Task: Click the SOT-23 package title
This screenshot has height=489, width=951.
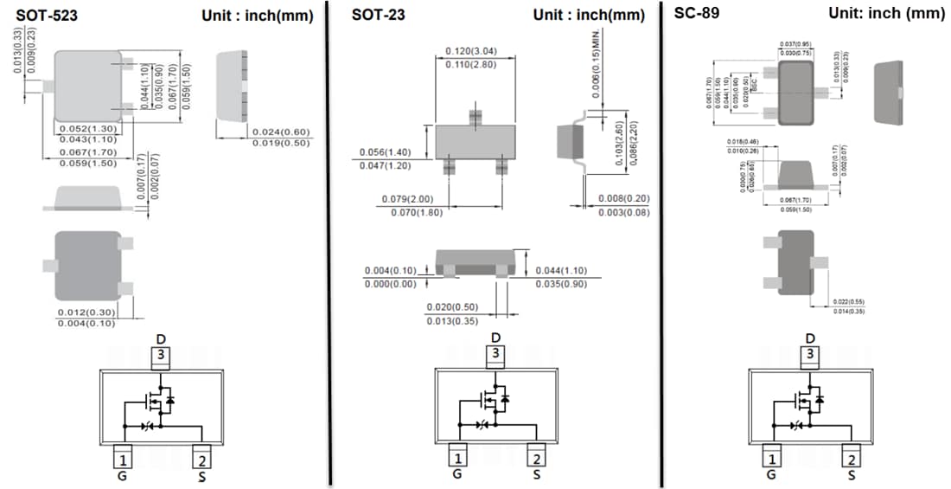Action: coord(378,15)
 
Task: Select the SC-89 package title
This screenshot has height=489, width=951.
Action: coord(696,14)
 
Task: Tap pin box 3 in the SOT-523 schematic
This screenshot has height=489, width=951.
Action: coord(161,355)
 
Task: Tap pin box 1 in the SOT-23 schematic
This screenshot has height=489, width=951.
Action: coord(458,458)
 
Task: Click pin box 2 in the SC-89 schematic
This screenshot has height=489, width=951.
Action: coord(852,460)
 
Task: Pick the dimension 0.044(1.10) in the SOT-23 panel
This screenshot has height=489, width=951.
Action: coord(562,270)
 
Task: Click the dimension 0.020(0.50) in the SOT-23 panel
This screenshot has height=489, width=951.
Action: coord(453,307)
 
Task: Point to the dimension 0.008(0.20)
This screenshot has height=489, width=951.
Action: coord(623,199)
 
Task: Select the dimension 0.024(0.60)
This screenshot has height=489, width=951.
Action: coord(280,132)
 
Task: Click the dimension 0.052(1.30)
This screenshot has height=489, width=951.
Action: coord(86,129)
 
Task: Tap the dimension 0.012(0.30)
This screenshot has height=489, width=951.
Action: coord(86,312)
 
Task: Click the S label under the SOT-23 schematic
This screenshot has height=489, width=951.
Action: coord(536,474)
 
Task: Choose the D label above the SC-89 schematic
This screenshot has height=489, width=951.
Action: coord(810,338)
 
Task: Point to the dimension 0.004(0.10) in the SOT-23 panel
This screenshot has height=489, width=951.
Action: coord(392,271)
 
